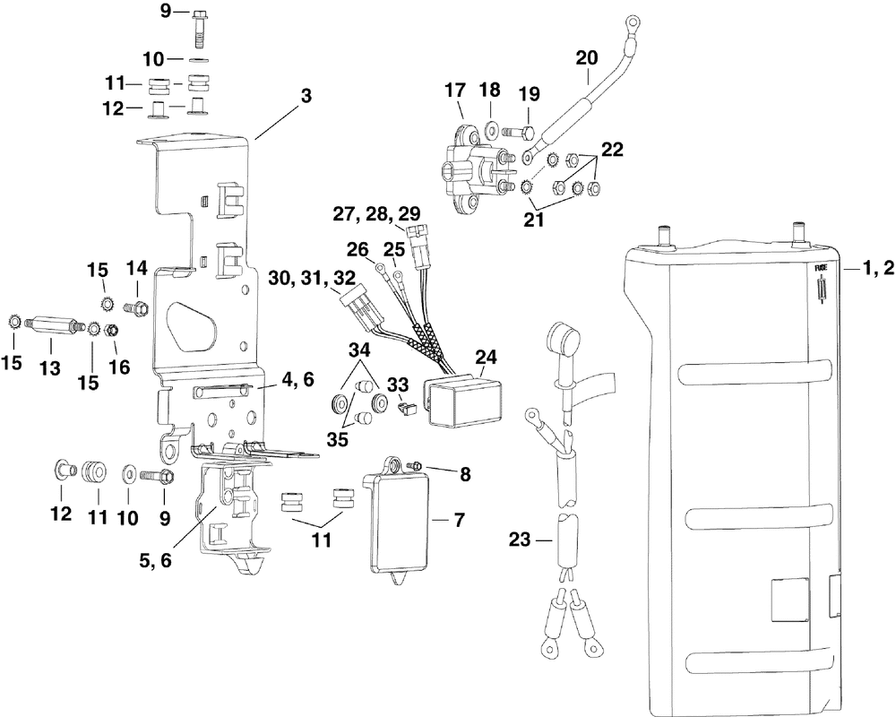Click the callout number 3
point(306,96)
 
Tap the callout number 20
point(587,58)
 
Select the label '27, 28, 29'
point(378,214)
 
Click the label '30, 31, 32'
point(313,279)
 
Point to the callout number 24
point(486,358)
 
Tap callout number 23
point(520,540)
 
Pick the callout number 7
point(460,521)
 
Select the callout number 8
point(465,474)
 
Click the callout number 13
point(50,368)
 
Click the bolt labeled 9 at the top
point(199,28)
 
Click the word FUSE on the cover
point(821,268)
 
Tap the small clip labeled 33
point(407,407)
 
